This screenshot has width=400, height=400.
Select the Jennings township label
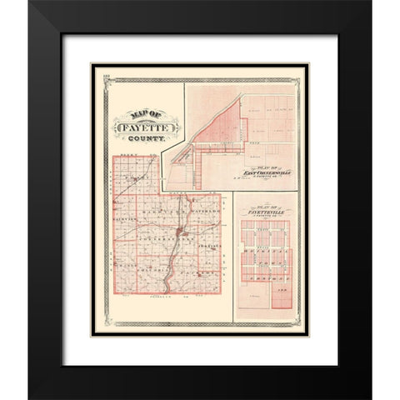coord(212,247)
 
